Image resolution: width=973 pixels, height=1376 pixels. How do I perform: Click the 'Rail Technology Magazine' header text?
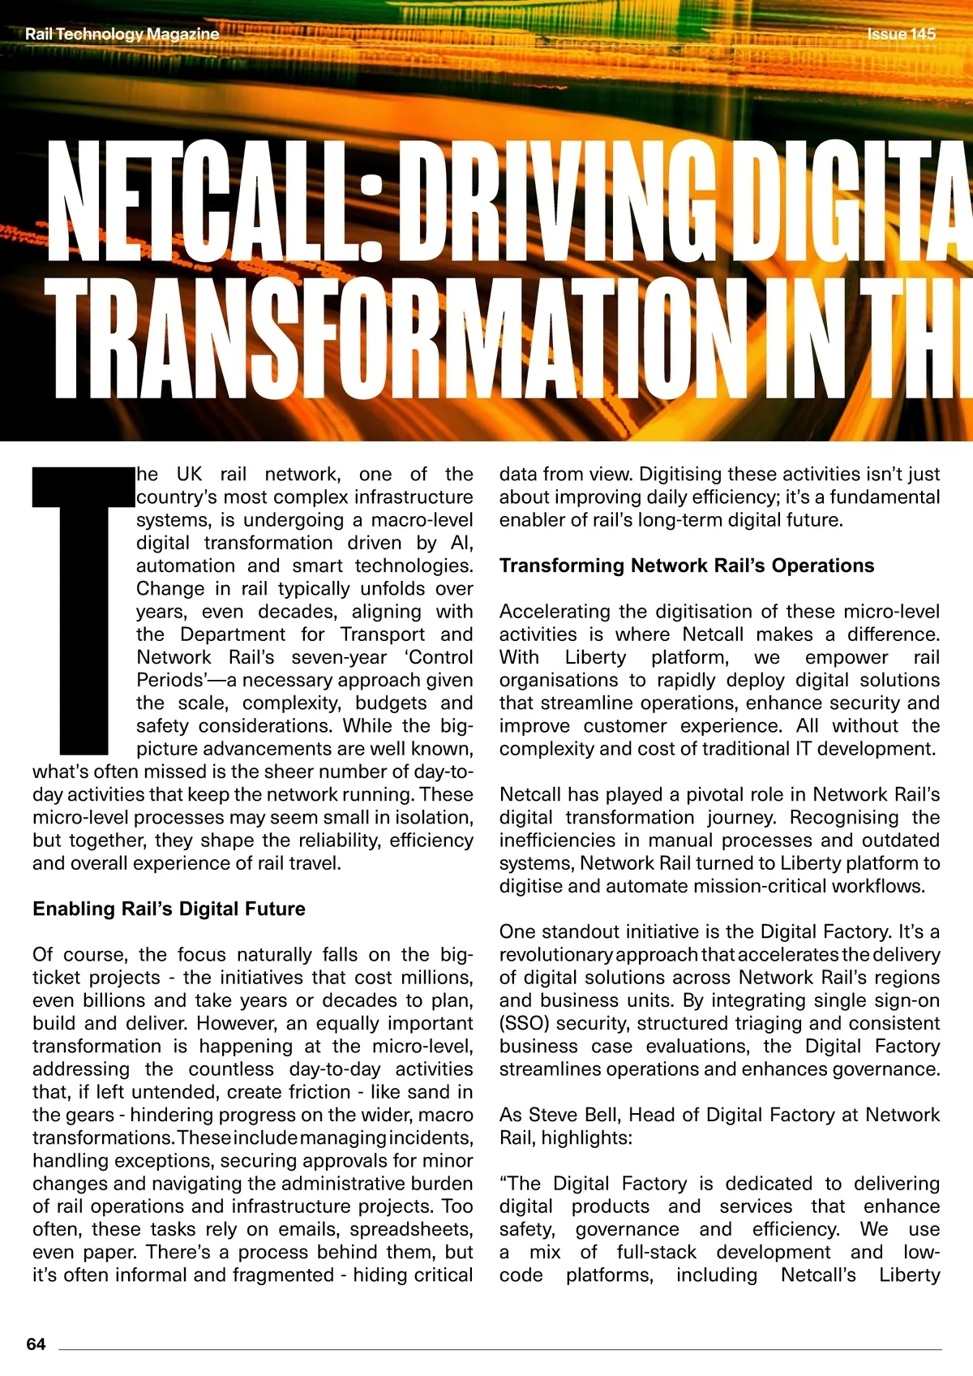point(122,34)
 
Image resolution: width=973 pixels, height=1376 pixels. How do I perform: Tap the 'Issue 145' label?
point(901,34)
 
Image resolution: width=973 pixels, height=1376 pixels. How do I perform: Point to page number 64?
point(36,1344)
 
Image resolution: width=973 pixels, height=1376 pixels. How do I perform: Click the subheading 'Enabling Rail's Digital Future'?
point(169,909)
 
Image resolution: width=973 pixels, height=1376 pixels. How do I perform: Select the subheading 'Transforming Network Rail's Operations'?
point(686,565)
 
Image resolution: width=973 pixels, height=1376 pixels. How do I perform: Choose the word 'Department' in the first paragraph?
point(233,634)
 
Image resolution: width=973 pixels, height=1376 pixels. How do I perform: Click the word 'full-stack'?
point(656,1252)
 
